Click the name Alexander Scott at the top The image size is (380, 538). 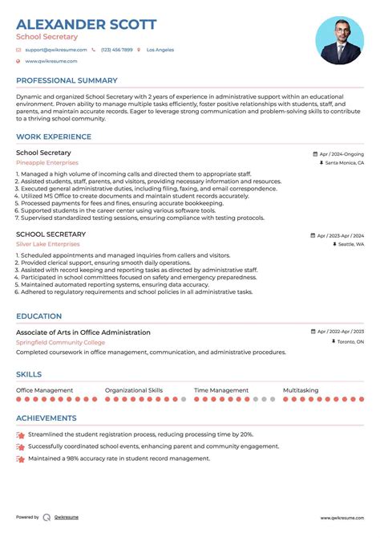point(86,24)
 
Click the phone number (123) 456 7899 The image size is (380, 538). point(116,50)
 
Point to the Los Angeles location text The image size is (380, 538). point(160,50)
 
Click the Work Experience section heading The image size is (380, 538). point(50,136)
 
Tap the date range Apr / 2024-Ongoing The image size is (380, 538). point(341,153)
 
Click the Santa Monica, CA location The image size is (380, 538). point(344,163)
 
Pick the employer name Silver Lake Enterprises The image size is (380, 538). point(48,244)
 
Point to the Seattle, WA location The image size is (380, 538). point(350,244)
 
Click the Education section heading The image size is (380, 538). point(38,316)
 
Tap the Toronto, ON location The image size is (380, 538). point(349,342)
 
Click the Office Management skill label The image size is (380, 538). point(45,390)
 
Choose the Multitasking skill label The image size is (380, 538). point(301,390)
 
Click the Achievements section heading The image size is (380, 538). point(46,418)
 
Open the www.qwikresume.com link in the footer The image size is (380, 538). point(344,518)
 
